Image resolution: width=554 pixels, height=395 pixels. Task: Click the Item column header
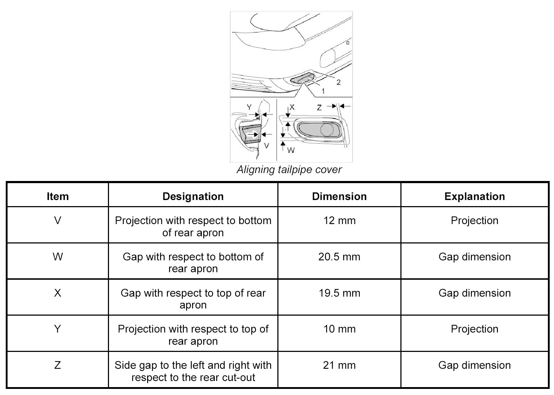tap(58, 196)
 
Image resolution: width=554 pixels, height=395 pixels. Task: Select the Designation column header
tap(193, 196)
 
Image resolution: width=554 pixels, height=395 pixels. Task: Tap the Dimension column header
tap(339, 196)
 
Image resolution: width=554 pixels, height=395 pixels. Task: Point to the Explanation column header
tap(474, 196)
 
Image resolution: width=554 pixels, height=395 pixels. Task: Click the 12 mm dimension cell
tap(339, 220)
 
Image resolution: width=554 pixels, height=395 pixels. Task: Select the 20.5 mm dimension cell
tap(339, 257)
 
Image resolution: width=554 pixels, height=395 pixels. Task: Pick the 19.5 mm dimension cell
tap(339, 293)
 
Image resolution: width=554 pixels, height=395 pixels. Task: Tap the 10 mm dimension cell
tap(339, 329)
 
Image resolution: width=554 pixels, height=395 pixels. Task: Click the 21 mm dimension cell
tap(339, 365)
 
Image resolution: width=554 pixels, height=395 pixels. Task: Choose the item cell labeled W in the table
tap(58, 257)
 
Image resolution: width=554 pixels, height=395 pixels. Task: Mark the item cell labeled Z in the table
tap(58, 365)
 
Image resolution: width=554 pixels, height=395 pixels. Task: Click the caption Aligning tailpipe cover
tap(289, 169)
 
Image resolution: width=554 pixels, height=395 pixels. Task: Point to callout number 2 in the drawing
tap(339, 82)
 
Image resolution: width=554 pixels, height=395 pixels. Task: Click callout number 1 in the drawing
tap(323, 91)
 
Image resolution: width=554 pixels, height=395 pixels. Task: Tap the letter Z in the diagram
tap(319, 107)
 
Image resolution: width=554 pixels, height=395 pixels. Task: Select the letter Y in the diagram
tap(249, 107)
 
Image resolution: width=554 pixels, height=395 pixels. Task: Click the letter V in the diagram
tap(267, 146)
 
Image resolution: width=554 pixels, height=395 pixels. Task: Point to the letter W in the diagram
tap(291, 150)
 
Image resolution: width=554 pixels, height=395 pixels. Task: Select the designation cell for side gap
tap(193, 371)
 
